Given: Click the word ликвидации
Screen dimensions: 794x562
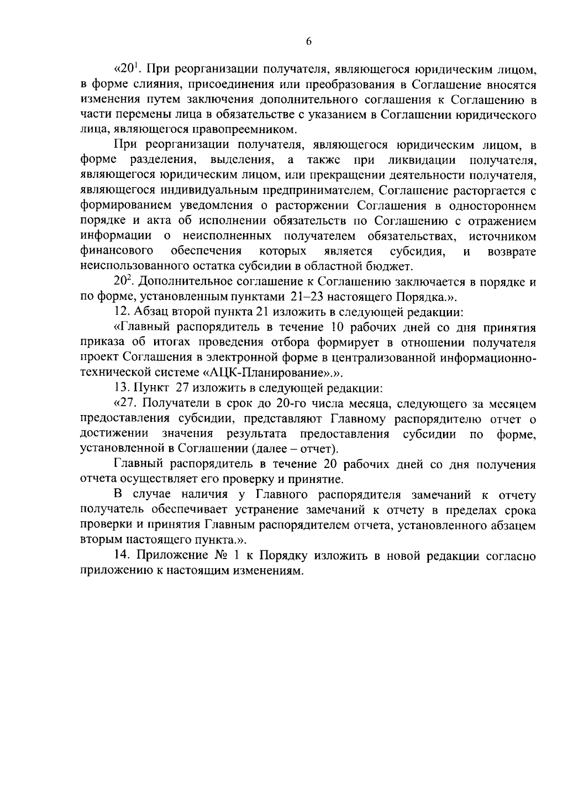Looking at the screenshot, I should [x=421, y=160].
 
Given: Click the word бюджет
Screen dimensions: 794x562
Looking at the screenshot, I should [x=392, y=267].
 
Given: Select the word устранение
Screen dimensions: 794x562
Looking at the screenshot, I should [x=280, y=510].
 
